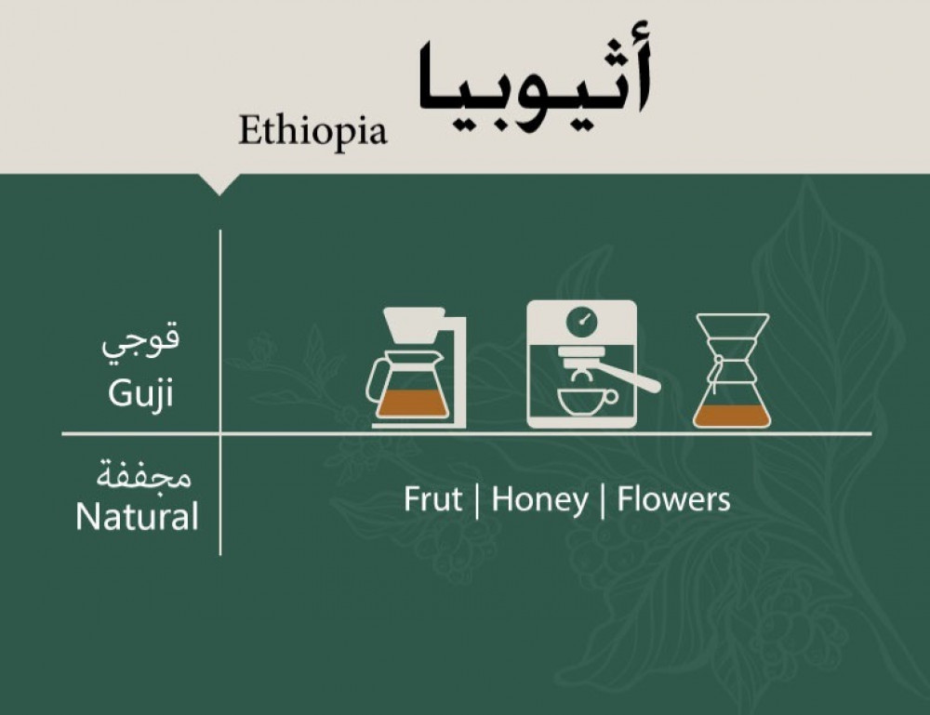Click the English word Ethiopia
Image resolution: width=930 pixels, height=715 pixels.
pos(312,131)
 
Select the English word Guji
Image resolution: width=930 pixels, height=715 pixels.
pos(141,391)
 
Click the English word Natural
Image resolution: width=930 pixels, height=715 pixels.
pos(137,516)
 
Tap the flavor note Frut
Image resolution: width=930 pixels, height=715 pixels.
pos(432,499)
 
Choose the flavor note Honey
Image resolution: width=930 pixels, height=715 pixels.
pos(539,500)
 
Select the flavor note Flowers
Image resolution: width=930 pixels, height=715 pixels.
pos(673,499)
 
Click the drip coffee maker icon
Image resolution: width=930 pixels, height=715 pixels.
pos(417,367)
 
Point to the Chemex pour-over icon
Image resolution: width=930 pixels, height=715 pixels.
pos(733,371)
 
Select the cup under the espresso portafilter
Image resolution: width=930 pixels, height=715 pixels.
pos(587,402)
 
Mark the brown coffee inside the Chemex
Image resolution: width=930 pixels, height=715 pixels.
pos(733,416)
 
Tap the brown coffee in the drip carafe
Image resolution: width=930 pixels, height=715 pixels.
pos(412,404)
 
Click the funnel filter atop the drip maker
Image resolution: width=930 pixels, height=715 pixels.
pos(414,324)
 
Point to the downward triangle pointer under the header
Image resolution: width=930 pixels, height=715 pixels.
pos(219,184)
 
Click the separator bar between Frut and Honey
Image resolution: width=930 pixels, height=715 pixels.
pos(477,501)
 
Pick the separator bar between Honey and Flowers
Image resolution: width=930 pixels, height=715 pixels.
pos(603,501)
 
